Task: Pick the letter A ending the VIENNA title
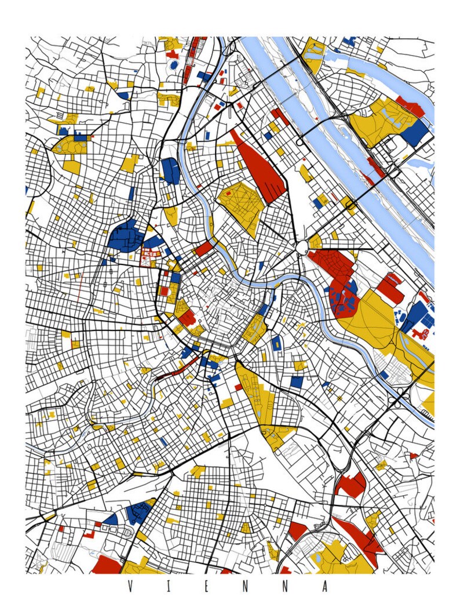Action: (x=324, y=586)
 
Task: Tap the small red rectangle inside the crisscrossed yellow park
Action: (x=228, y=192)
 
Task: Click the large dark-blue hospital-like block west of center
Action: (x=125, y=237)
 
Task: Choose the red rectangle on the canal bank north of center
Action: (x=204, y=249)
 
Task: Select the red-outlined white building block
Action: (x=150, y=255)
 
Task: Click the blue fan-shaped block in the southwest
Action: (x=110, y=519)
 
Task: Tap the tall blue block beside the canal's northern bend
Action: (x=170, y=171)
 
